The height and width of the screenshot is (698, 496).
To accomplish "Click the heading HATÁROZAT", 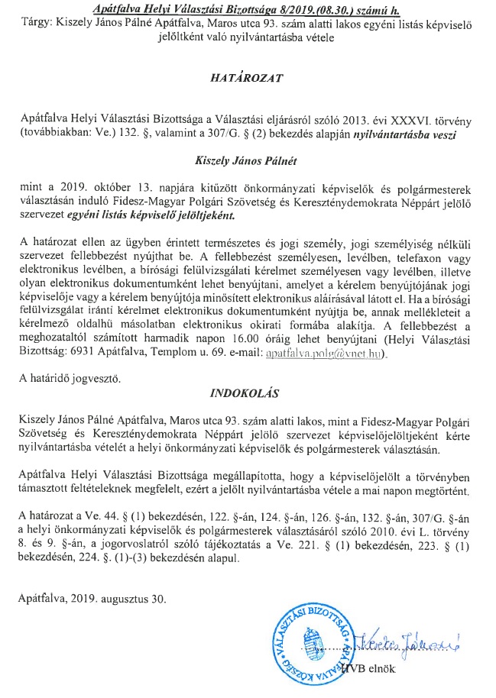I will click(x=248, y=77).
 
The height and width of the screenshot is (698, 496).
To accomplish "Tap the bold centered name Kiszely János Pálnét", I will click(x=248, y=161).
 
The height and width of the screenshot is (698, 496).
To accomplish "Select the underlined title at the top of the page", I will click(x=248, y=8).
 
